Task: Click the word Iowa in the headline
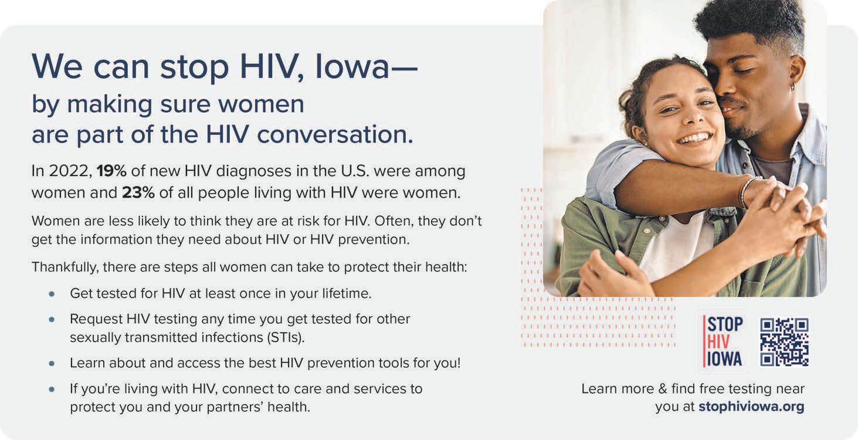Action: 352,67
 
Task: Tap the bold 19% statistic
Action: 111,171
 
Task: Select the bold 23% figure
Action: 138,192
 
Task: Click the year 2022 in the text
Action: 70,171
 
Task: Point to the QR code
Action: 785,342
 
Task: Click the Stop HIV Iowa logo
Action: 723,341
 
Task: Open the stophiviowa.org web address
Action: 751,407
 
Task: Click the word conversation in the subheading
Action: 335,134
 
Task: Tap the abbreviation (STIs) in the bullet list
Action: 286,338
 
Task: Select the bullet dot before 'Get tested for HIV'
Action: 52,294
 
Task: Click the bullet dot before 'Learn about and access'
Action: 52,363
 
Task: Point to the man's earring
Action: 792,88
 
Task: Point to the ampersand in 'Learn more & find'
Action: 663,389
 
